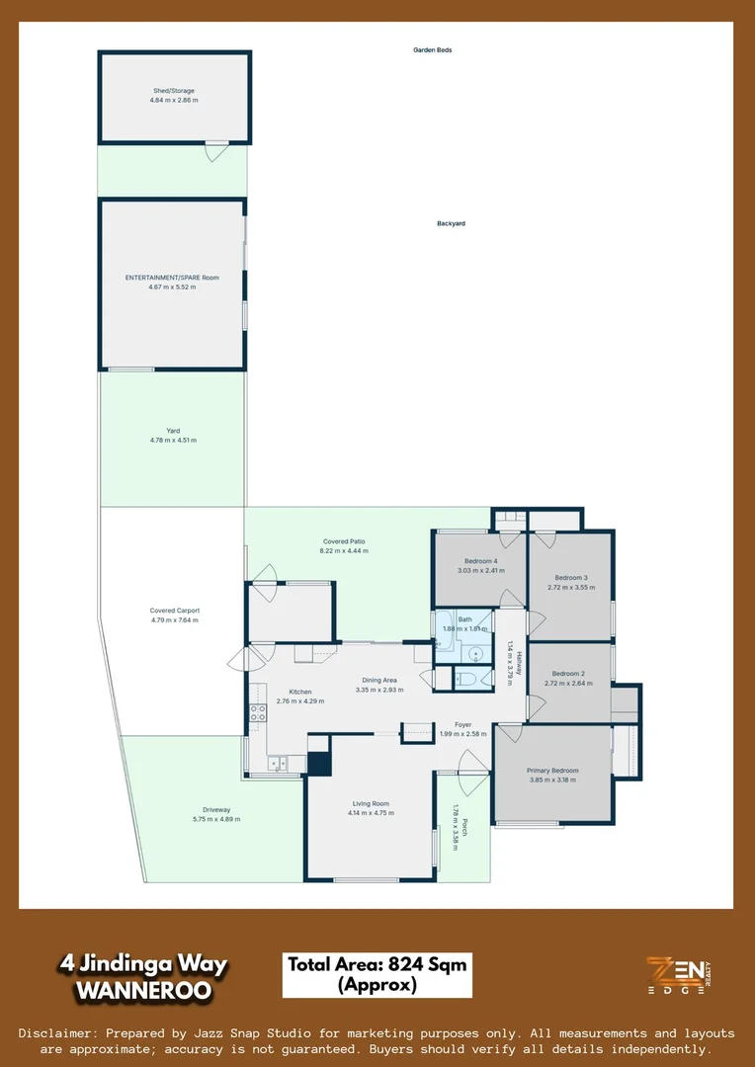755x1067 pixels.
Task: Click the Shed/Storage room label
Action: pos(174,91)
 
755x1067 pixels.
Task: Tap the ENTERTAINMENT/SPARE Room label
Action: pos(172,278)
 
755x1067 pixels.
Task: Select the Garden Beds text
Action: pos(432,49)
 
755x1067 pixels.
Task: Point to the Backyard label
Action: pos(451,223)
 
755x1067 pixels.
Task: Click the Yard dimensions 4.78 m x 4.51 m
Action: pos(173,440)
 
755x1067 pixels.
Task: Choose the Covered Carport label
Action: pos(175,611)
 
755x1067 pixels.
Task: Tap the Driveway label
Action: pos(214,809)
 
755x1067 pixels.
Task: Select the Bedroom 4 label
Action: pos(480,561)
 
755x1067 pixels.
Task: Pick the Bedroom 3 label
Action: pos(571,577)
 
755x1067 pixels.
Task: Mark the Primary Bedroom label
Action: pos(552,770)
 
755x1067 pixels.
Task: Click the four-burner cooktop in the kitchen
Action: pos(258,713)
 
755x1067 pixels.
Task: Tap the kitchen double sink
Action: pos(277,762)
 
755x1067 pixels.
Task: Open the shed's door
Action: pos(215,150)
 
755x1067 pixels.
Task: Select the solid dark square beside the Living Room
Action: pos(319,763)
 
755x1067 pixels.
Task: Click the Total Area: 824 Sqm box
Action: pos(377,975)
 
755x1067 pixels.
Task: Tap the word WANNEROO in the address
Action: pos(143,988)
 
